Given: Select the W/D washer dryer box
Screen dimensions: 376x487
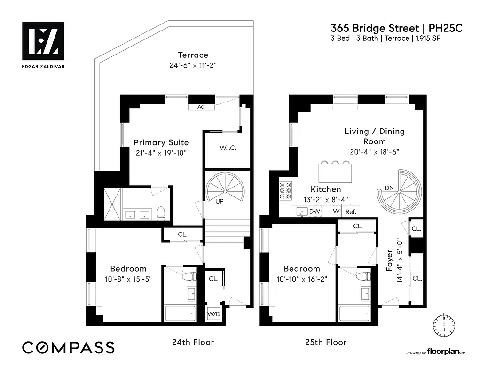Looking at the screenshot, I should [213, 314].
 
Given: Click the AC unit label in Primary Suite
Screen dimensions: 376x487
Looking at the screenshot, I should [201, 107].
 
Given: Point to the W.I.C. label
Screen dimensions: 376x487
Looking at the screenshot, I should [228, 148].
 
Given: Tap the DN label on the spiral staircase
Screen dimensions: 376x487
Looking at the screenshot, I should [389, 188].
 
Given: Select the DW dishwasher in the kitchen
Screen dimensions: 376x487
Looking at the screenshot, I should [315, 212].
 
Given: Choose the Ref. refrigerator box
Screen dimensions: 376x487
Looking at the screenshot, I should [351, 212].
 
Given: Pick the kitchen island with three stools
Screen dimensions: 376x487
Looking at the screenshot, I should [335, 172].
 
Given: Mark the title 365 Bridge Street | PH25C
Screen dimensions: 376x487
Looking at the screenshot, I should [396, 28].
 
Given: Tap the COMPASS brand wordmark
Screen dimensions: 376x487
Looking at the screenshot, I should [69, 347].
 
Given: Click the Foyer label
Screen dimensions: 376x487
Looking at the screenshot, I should [389, 261].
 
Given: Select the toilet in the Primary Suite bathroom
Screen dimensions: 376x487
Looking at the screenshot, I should [161, 213].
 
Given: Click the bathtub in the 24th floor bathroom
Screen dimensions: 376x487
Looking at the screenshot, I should [180, 313].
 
